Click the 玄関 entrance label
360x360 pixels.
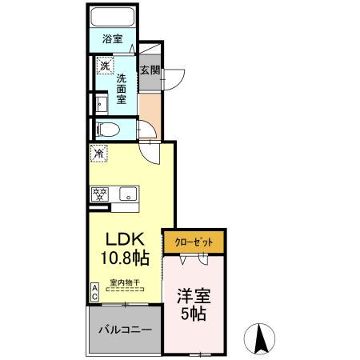150,70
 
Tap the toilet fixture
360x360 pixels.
106,129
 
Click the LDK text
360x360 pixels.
124,238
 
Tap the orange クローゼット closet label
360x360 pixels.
193,241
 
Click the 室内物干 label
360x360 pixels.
125,281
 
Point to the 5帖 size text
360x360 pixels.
193,314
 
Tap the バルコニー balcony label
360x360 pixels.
125,329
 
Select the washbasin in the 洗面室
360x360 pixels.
101,104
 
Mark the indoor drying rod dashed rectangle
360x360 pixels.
125,289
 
